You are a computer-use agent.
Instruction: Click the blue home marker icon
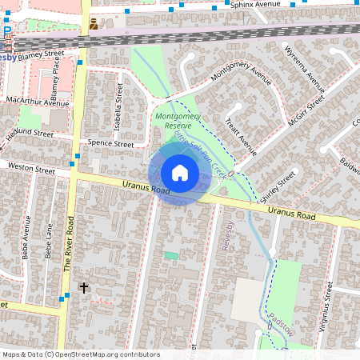pos(180,173)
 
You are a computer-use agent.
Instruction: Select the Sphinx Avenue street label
pos(257,4)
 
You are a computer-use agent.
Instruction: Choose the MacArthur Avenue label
pos(38,102)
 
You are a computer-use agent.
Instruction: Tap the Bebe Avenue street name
pos(29,238)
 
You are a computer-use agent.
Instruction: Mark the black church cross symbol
pos(83,286)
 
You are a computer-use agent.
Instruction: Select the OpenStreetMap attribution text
pos(81,354)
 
